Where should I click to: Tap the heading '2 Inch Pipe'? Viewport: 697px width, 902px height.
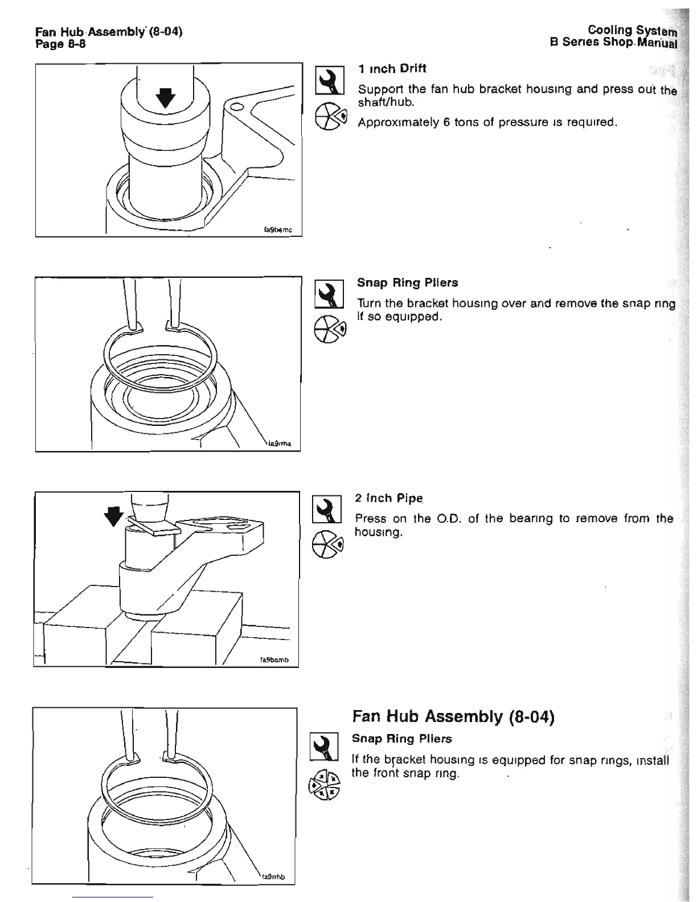[x=389, y=498]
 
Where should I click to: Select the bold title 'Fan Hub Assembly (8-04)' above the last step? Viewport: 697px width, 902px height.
[x=453, y=716]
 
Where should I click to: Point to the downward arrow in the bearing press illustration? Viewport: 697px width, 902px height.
[x=114, y=515]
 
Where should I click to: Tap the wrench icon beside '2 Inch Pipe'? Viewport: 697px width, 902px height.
[x=327, y=509]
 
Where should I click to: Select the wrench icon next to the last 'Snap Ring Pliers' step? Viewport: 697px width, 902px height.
[x=323, y=747]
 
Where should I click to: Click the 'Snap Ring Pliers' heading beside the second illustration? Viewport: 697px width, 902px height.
[x=407, y=283]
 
